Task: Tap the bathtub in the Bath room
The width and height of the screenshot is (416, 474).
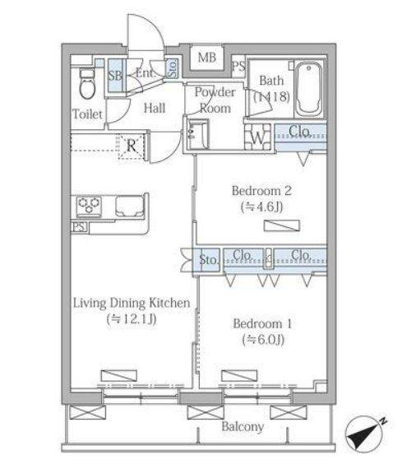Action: click(308, 89)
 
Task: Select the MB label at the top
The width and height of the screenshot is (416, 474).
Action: click(207, 57)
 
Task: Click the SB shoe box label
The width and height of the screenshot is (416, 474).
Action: click(115, 76)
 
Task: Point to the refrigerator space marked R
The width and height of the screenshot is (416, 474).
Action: click(131, 146)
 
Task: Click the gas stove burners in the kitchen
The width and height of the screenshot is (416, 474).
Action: click(89, 206)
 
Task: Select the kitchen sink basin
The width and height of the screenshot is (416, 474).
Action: click(130, 207)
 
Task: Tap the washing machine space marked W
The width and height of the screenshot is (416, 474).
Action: click(257, 138)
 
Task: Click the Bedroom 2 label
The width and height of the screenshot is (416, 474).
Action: click(261, 191)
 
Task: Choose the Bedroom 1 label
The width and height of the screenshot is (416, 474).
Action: click(262, 323)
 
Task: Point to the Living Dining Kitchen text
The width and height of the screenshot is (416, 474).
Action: click(132, 303)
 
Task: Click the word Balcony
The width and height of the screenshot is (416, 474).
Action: click(243, 426)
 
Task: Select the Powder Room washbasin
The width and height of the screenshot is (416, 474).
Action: click(197, 135)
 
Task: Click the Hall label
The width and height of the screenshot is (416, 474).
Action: click(155, 109)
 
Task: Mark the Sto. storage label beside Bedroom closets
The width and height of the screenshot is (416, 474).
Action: click(208, 260)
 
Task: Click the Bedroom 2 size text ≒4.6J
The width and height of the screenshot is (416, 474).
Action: click(261, 207)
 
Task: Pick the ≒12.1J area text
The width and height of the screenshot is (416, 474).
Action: click(132, 319)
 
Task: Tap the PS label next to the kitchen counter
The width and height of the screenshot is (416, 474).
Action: click(79, 227)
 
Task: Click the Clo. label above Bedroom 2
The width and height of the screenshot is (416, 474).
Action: click(300, 132)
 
